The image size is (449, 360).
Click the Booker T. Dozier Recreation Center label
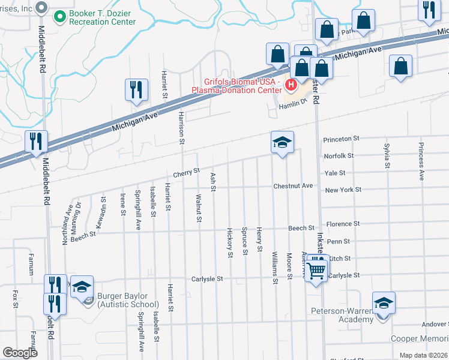coord(102,17)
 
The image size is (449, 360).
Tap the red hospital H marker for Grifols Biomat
coord(291,85)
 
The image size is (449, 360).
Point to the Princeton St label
coord(341,139)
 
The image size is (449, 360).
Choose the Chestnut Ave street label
coord(293,186)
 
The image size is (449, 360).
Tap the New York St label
coord(343,190)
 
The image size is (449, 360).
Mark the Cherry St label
coord(186,172)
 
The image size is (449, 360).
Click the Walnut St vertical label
coord(197,207)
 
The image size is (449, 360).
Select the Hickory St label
coord(230,242)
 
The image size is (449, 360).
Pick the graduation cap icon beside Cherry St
coord(282,143)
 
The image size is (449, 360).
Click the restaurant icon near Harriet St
coord(136,90)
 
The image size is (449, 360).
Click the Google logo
coord(20,353)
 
